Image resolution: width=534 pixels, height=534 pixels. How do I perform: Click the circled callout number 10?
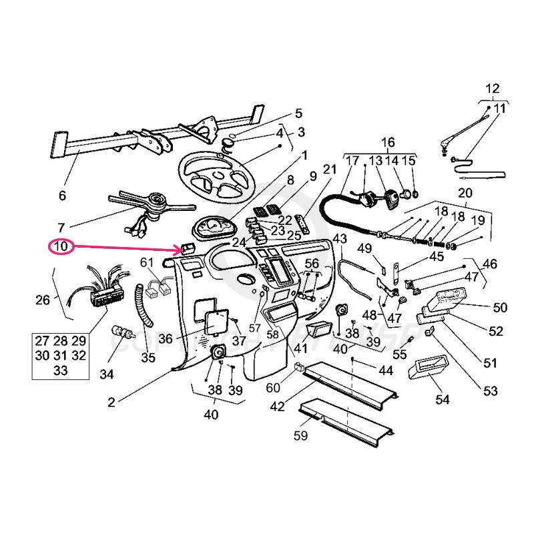pyautogui.click(x=61, y=246)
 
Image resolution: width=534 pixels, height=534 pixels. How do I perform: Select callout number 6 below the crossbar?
pyautogui.click(x=63, y=196)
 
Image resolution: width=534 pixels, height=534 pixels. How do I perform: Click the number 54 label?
pyautogui.click(x=443, y=400)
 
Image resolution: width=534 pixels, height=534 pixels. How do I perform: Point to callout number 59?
pyautogui.click(x=301, y=437)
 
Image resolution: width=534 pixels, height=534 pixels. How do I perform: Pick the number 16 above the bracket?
pyautogui.click(x=388, y=142)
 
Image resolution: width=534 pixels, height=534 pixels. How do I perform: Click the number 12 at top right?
pyautogui.click(x=492, y=88)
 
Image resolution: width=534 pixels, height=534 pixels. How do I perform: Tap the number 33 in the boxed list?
pyautogui.click(x=60, y=371)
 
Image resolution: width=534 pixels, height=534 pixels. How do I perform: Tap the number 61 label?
pyautogui.click(x=147, y=262)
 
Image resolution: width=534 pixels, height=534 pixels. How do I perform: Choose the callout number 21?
pyautogui.click(x=328, y=170)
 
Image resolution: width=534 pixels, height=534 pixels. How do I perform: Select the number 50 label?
pyautogui.click(x=500, y=308)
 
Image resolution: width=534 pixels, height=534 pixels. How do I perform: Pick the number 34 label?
pyautogui.click(x=107, y=374)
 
